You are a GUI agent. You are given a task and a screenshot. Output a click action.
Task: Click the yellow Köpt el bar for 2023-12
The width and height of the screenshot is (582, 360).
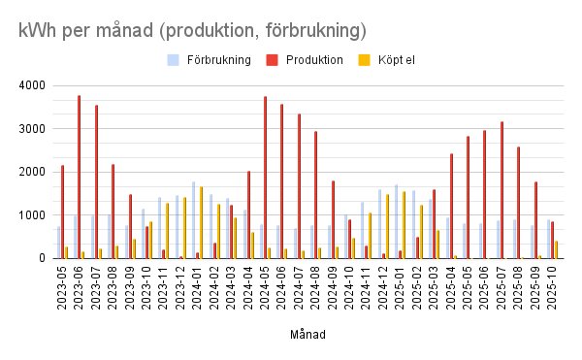coord(184,228)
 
